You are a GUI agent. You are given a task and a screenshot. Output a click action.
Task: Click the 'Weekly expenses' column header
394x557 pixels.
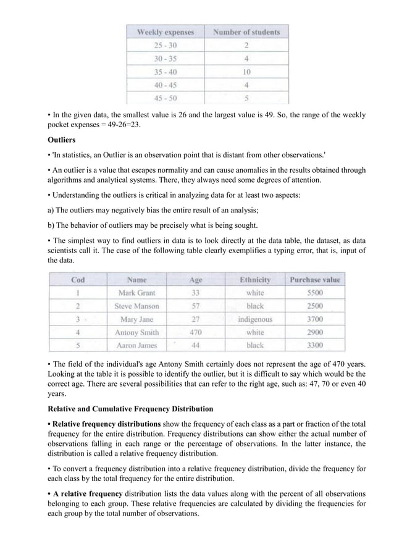(x=166, y=32)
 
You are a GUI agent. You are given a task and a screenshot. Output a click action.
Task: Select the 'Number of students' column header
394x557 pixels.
(x=246, y=32)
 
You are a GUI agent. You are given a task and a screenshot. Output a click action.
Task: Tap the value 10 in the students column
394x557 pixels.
(x=246, y=71)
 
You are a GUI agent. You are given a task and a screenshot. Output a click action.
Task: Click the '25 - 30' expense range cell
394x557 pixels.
(x=166, y=45)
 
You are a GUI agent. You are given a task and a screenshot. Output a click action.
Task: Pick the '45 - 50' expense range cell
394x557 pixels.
(x=166, y=97)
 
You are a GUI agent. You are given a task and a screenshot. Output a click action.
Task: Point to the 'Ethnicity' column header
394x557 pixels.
(x=255, y=280)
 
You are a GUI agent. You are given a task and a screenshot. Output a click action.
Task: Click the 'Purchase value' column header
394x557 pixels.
(x=315, y=280)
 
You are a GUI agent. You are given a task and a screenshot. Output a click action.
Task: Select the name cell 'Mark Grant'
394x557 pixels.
(x=136, y=293)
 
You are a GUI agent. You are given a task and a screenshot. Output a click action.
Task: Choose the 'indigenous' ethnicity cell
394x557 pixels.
(x=255, y=319)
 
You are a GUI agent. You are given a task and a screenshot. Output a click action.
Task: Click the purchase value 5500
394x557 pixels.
(x=315, y=293)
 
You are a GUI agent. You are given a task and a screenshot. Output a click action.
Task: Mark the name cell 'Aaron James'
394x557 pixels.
(x=136, y=345)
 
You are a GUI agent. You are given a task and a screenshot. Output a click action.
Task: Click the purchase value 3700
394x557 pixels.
(x=315, y=319)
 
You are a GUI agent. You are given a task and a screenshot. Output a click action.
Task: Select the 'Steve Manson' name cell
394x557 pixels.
(x=136, y=306)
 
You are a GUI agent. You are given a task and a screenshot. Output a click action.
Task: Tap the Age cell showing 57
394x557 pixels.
(x=195, y=306)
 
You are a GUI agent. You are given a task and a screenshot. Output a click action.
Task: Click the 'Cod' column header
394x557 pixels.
(x=78, y=280)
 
